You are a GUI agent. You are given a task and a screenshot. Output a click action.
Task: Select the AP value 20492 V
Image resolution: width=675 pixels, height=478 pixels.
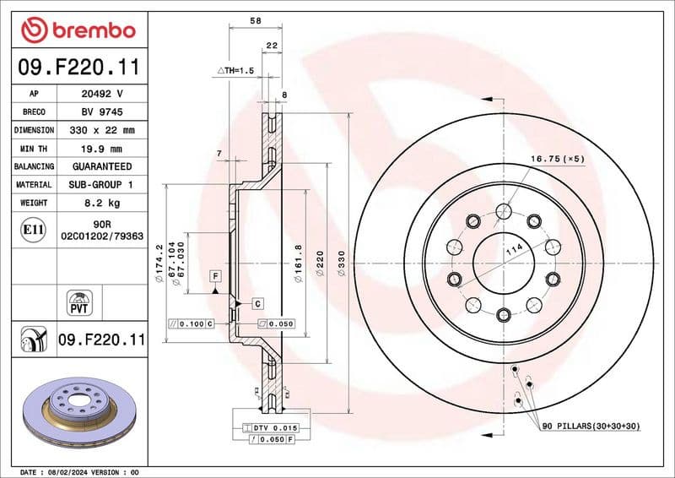[x=101, y=93]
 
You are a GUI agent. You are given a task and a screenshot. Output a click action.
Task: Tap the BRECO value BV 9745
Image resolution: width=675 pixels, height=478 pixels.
[x=101, y=111]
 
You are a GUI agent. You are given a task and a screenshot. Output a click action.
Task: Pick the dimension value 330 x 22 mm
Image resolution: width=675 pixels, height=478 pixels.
[x=101, y=130]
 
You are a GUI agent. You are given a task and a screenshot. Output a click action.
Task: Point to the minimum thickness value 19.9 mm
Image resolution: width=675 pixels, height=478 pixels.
[x=101, y=148]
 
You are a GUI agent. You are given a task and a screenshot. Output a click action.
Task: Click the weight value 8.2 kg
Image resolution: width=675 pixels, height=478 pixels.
[x=101, y=203]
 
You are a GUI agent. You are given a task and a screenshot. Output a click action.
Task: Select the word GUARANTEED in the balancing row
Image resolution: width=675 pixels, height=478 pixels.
[x=101, y=166]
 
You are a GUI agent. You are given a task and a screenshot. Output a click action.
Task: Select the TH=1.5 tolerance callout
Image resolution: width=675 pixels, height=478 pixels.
[x=235, y=70]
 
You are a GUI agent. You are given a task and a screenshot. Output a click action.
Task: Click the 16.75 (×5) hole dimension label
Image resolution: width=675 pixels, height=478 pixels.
[x=557, y=158]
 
